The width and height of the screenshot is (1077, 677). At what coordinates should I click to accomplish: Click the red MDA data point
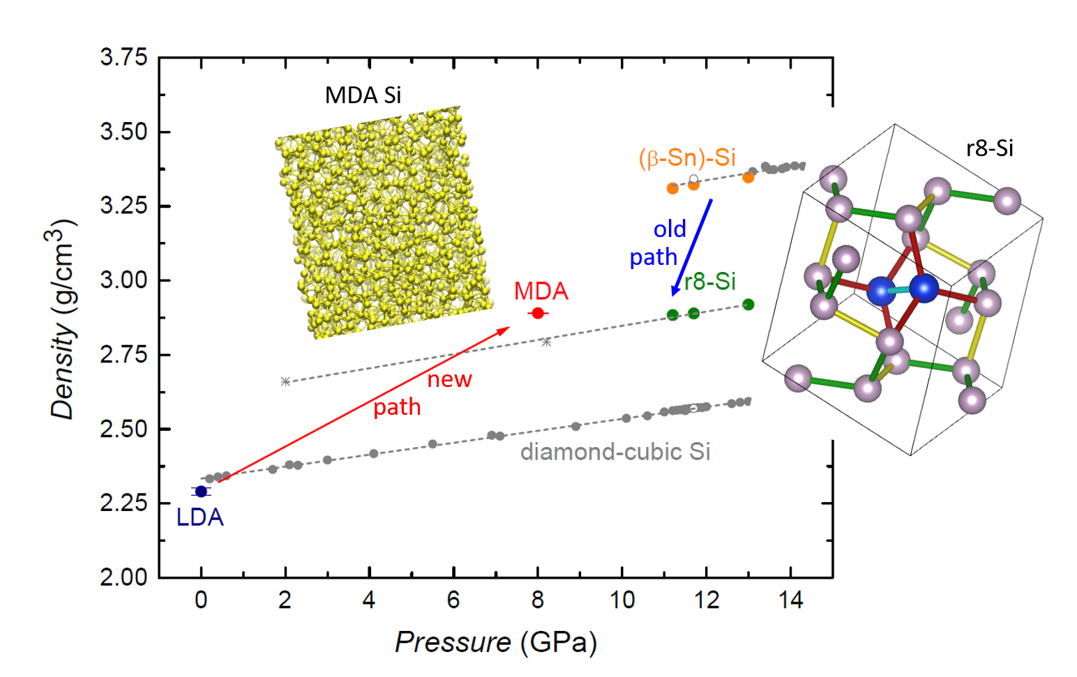[x=537, y=313]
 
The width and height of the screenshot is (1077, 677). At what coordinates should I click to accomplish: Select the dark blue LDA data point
[x=201, y=492]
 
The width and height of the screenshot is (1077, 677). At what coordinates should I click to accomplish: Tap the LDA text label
[x=200, y=517]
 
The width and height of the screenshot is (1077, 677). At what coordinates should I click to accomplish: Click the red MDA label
[x=541, y=291]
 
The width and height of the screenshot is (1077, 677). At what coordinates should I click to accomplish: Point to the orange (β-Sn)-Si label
[x=687, y=158]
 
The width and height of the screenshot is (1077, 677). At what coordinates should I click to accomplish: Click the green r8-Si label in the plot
[x=710, y=281]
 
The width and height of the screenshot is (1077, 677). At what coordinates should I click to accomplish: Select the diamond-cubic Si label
[x=615, y=452]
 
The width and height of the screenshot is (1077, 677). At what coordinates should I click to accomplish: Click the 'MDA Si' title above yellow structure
[x=363, y=95]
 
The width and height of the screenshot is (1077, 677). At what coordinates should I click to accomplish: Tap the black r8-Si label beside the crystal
[x=989, y=148]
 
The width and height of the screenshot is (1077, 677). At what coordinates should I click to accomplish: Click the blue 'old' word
[x=670, y=229]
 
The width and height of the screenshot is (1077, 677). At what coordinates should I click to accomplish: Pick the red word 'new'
[x=449, y=379]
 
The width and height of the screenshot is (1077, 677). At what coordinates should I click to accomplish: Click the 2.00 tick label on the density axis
[x=123, y=577]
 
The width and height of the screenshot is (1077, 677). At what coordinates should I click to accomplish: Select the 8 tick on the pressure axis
[x=537, y=600]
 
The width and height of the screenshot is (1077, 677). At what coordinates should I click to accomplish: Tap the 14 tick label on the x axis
[x=790, y=600]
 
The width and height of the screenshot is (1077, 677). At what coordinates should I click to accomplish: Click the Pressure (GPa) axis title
[x=495, y=642]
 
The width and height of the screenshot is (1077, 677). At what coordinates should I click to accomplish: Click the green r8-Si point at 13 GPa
[x=748, y=305]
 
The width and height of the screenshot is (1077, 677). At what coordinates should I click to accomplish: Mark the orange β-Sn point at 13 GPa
[x=748, y=178]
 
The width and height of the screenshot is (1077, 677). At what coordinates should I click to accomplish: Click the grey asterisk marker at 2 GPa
[x=285, y=381]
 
